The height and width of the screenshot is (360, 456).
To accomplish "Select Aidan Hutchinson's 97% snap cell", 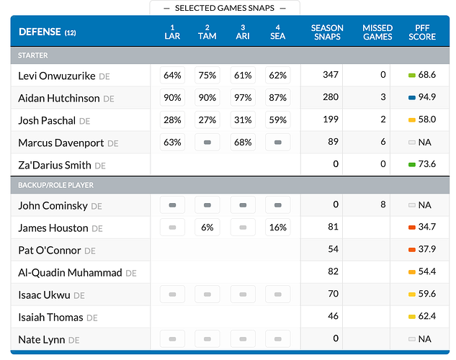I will [243, 97].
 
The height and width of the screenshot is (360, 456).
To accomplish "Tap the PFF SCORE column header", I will [422, 32].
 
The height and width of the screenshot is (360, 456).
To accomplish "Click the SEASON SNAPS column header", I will [327, 32].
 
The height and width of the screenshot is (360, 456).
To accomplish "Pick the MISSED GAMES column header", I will [377, 32].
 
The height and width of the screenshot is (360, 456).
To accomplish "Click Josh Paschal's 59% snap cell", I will [278, 120].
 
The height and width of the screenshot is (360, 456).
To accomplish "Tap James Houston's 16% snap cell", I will [278, 228].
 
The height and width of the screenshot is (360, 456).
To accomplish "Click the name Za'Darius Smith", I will [55, 165].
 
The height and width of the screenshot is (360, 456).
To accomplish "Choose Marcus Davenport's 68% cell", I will [243, 143].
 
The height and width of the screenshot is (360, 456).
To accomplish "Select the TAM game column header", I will [207, 32].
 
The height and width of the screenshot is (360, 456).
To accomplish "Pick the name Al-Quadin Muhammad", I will [70, 273].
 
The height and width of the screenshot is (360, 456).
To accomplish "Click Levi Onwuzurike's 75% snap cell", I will [207, 75].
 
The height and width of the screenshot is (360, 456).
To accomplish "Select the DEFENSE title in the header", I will [40, 32].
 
